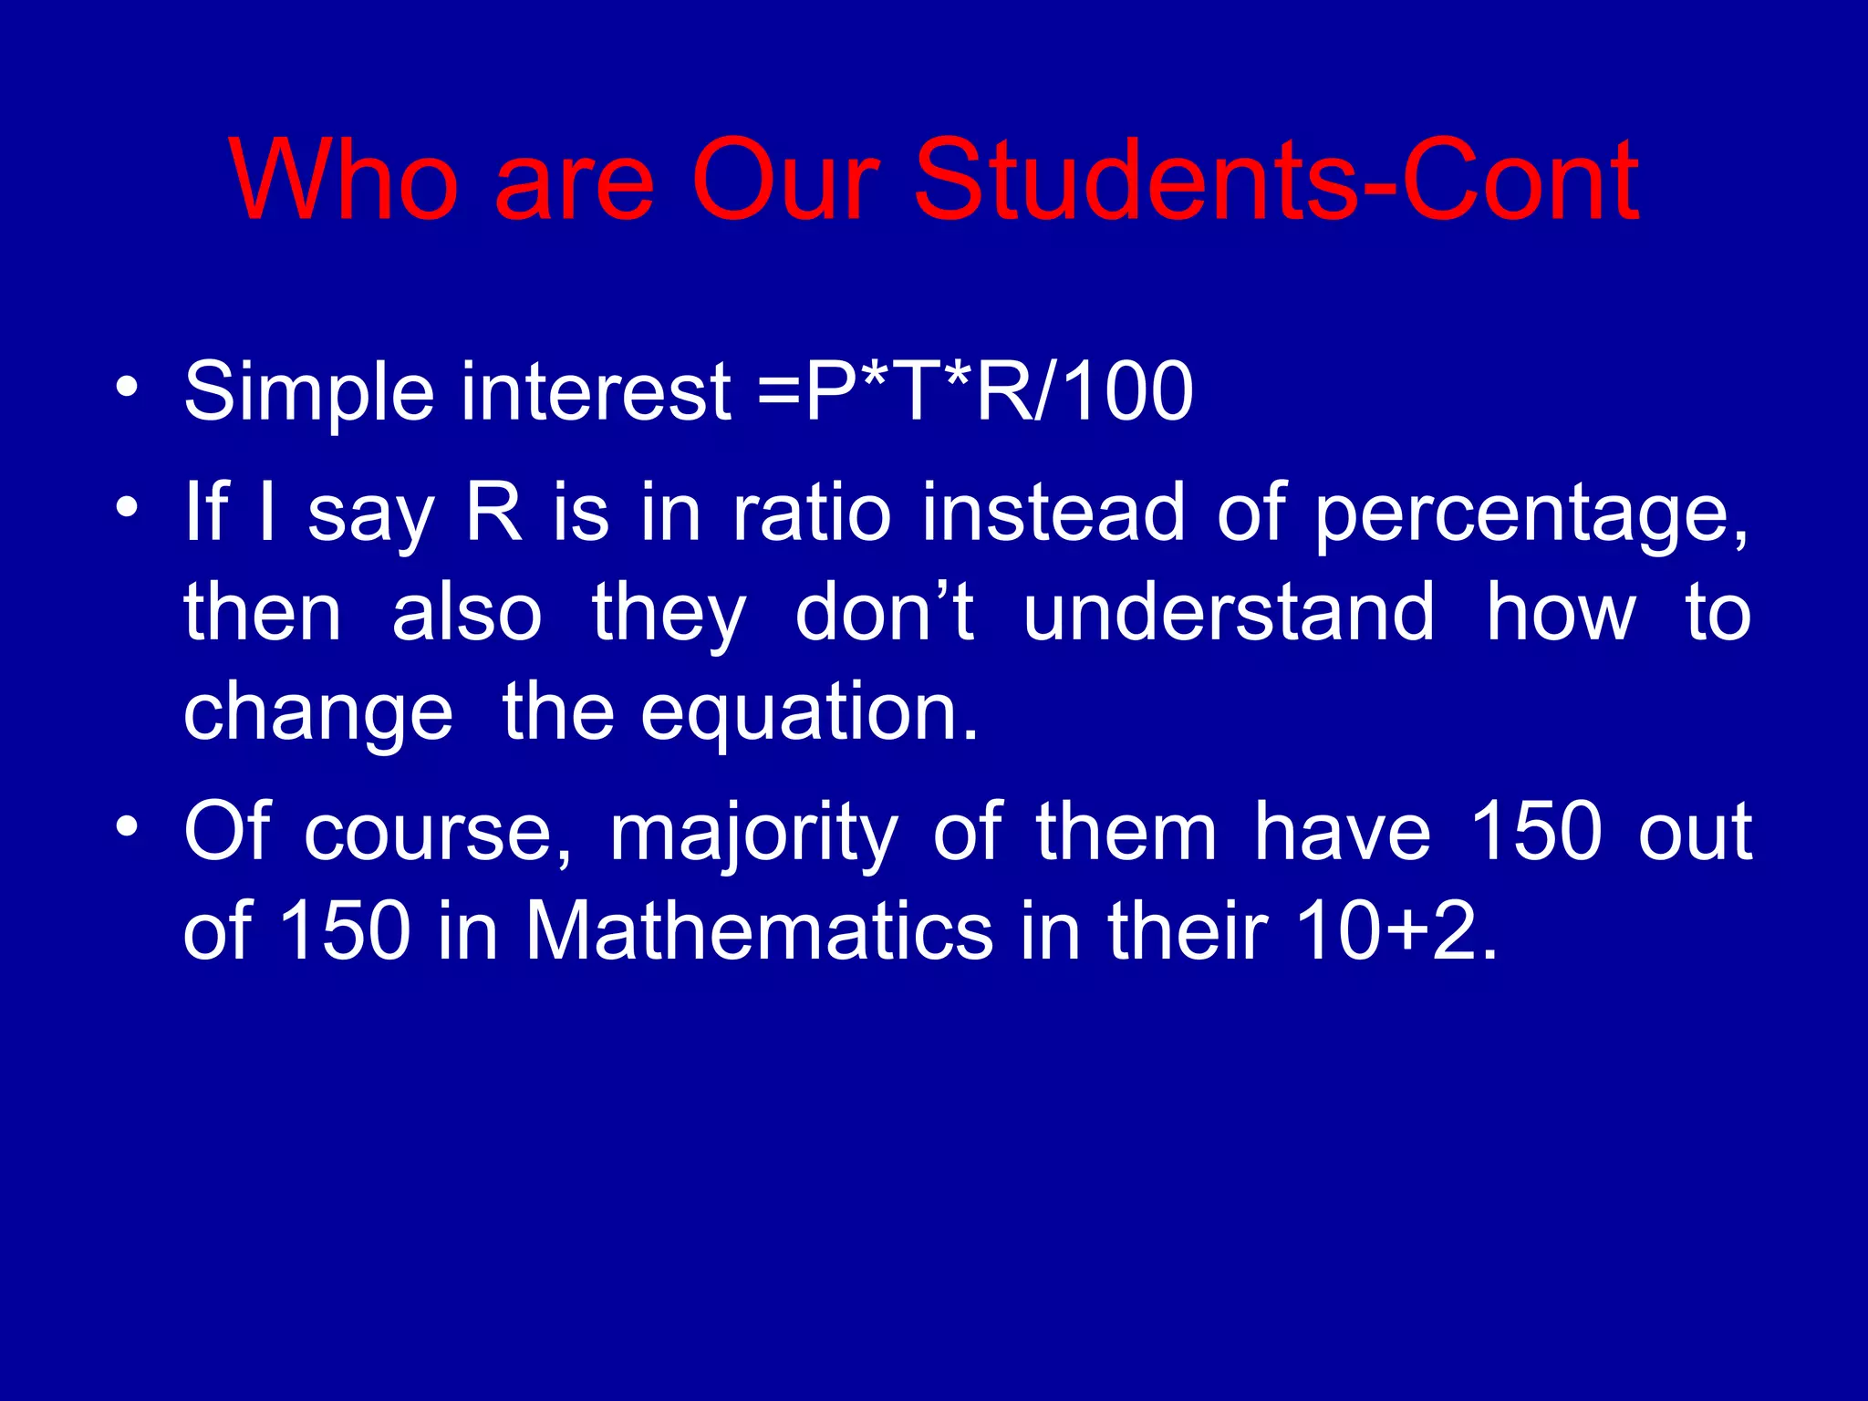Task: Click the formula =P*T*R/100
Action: [975, 391]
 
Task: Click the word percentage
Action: [1531, 515]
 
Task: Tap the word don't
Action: [884, 612]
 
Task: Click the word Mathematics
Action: [759, 931]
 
